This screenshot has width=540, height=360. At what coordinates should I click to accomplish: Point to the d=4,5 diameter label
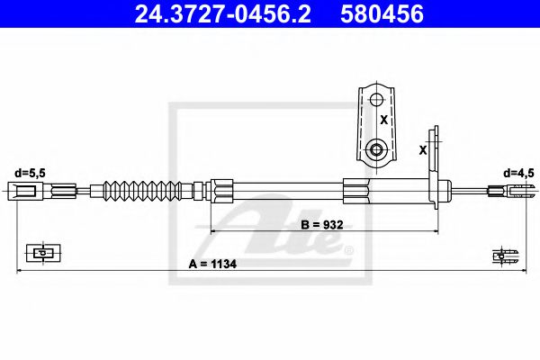click(x=517, y=171)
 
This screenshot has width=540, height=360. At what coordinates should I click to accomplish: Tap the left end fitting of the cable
click(x=25, y=190)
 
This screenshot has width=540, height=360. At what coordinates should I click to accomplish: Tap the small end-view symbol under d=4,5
click(x=500, y=256)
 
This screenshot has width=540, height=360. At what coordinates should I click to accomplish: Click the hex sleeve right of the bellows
click(x=221, y=190)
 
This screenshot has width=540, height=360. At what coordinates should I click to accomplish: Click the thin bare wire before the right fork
click(x=470, y=190)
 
